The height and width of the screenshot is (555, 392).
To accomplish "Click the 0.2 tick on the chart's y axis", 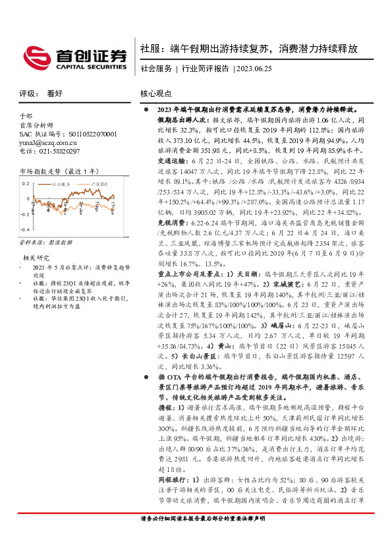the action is point(25,183).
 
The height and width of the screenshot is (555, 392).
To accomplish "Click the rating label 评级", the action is point(27,94).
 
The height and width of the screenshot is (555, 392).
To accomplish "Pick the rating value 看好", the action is point(56,94).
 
